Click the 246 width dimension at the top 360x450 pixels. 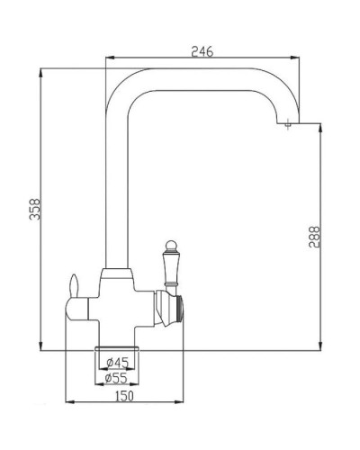coord(202,52)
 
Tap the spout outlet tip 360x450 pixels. coord(287,129)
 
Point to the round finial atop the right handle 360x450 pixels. coord(166,241)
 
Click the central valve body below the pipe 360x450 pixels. coord(117,301)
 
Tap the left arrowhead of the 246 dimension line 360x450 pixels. coord(109,59)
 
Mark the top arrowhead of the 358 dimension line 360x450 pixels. coord(41,69)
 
